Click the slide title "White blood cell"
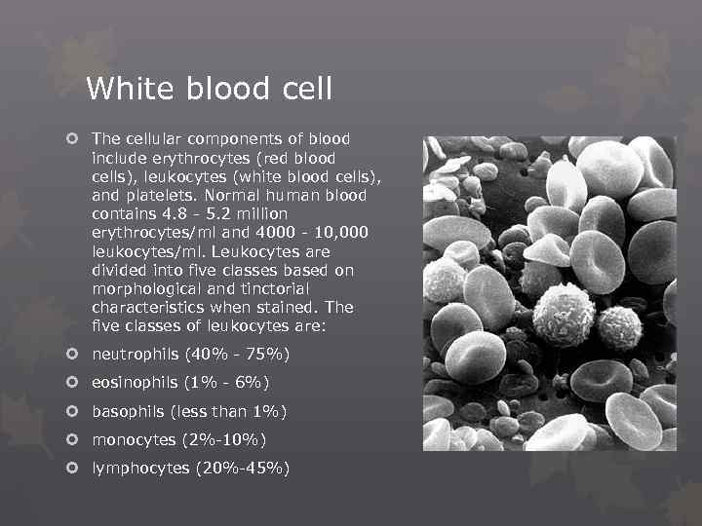pos(209,90)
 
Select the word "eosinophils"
pos(136,382)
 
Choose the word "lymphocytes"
pos(140,469)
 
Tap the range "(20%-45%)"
pos(243,469)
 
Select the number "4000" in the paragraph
pos(266,233)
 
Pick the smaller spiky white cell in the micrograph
pos(620,328)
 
